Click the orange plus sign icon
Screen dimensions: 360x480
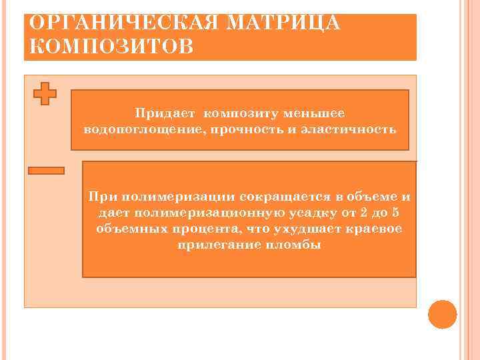click(x=45, y=93)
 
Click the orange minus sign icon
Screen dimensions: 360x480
click(x=47, y=171)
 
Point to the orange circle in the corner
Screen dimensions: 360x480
click(x=442, y=314)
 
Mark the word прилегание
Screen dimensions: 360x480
click(x=223, y=245)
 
